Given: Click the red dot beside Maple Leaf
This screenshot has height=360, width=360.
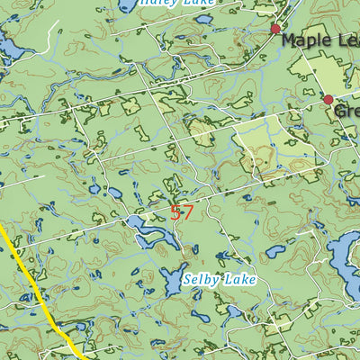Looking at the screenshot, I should [276, 29].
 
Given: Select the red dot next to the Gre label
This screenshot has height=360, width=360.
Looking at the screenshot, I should [328, 99].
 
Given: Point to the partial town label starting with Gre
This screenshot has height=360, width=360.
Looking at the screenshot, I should [347, 111].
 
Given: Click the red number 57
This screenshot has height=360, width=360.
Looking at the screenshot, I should [182, 213].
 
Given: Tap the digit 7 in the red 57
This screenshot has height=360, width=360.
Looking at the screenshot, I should [187, 213].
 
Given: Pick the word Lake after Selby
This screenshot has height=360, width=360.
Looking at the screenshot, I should [241, 280].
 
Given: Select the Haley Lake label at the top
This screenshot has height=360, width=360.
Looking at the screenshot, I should [176, 3].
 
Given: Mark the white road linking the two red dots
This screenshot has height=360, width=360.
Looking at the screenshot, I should [303, 65].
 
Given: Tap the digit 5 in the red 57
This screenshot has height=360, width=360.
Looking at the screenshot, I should [175, 213].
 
